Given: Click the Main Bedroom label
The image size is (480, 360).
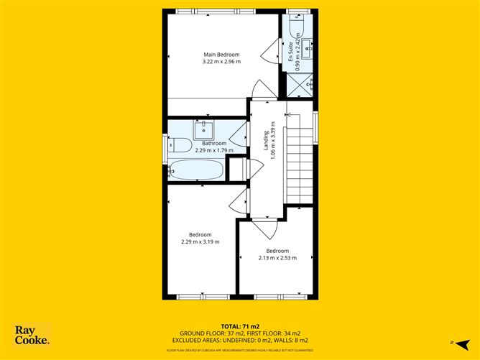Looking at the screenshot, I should [221, 55].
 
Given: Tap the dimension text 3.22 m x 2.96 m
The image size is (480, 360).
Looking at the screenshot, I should [221, 62].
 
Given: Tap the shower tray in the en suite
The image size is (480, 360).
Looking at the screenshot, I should [300, 84].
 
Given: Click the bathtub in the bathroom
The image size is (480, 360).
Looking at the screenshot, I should [196, 170].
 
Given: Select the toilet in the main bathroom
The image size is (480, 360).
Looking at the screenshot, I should [179, 147].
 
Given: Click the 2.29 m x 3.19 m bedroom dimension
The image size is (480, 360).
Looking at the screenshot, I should [200, 241].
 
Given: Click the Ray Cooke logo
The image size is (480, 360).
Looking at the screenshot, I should [33, 335].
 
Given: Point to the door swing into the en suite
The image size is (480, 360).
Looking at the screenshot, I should [271, 52].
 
